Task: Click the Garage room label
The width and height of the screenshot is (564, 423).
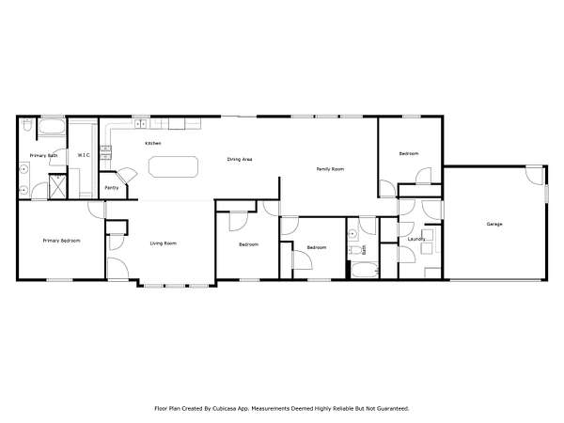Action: point(494,224)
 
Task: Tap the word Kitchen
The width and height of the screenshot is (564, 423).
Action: point(153,143)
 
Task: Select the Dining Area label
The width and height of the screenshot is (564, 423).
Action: point(239,159)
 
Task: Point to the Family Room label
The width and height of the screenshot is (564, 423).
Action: point(330,168)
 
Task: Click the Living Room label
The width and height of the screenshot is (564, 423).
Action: point(163,243)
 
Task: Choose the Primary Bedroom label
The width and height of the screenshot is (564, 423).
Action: point(61,241)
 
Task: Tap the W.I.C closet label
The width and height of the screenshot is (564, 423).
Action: point(84,155)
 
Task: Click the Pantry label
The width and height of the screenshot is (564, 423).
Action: point(112,188)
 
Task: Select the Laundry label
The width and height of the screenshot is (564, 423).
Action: point(416,239)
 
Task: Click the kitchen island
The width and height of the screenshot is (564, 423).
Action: point(173,167)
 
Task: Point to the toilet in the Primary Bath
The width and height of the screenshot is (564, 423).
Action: point(26,124)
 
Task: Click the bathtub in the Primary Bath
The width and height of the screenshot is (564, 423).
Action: point(52,126)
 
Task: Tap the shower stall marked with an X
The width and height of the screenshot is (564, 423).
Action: point(57,186)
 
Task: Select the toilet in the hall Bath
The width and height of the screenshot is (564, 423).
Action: point(356,250)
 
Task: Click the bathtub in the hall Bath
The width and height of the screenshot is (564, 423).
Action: point(365,270)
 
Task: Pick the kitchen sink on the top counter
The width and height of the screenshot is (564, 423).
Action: point(141,124)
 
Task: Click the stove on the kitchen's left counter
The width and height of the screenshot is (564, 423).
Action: point(105,151)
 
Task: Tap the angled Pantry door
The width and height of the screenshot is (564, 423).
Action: point(127,177)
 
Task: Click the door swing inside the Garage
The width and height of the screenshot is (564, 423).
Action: point(535,176)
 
